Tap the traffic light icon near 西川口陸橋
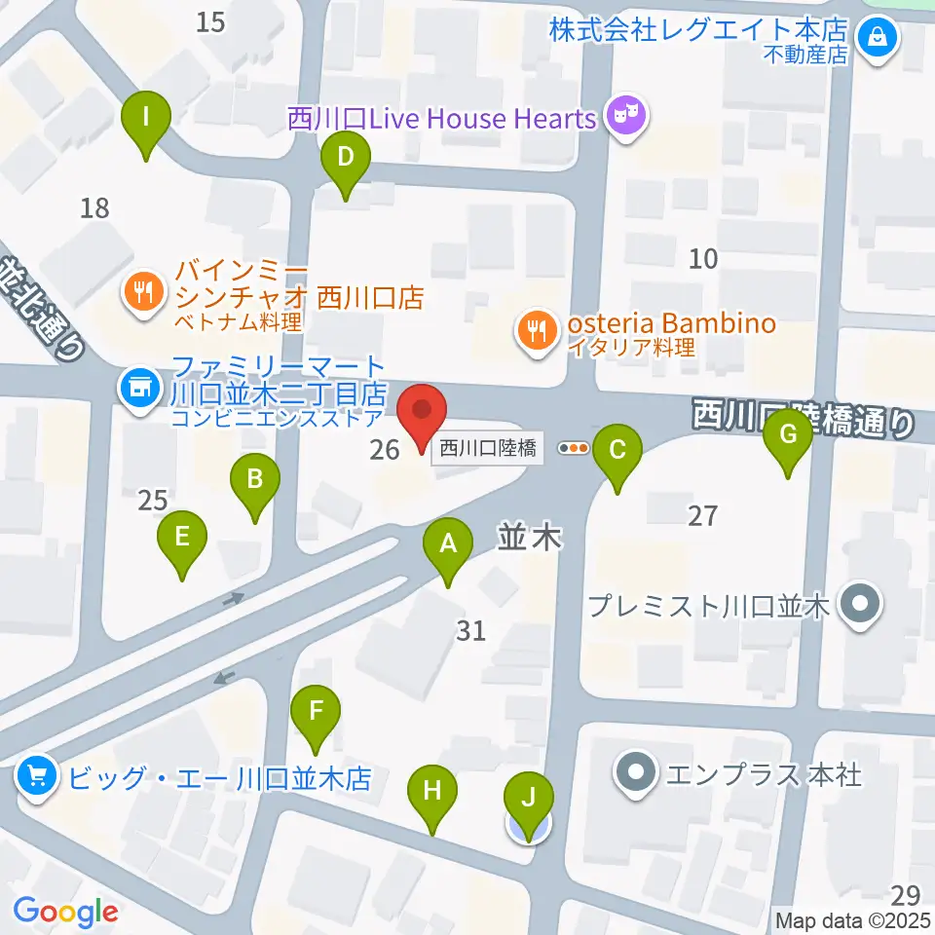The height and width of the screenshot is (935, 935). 575,448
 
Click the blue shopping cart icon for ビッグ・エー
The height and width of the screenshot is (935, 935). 37,776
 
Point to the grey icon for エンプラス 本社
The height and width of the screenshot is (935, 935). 638,775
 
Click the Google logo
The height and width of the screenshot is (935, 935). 66,912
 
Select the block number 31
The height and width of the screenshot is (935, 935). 470,631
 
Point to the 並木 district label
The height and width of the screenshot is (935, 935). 531,537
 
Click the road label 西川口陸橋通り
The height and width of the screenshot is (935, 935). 804,420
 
